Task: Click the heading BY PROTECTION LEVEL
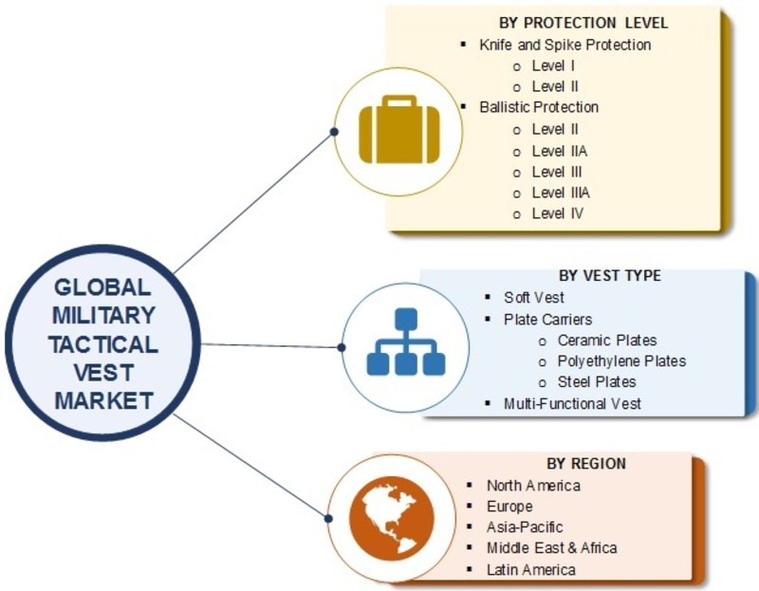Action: coord(583,23)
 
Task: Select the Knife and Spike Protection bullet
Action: coord(565,45)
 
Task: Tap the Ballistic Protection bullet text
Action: coord(539,107)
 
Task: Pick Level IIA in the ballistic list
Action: coord(560,151)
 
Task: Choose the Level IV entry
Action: coord(558,213)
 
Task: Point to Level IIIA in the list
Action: coord(561,193)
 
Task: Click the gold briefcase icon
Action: coord(399,129)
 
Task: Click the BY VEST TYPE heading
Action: coord(609,275)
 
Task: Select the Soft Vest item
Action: coord(534,297)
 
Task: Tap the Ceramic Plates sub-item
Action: coord(607,341)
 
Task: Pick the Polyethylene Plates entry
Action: coord(621,361)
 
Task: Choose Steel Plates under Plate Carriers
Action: coord(597,382)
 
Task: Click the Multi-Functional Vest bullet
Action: coord(572,404)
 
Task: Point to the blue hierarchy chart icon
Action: coord(406,342)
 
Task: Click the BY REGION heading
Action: coord(586,464)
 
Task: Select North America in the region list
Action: coord(533,486)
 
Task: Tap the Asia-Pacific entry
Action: coord(525,527)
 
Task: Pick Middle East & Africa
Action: coord(552,548)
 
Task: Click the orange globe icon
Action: coord(392,518)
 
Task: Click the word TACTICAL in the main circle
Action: coord(103,344)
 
